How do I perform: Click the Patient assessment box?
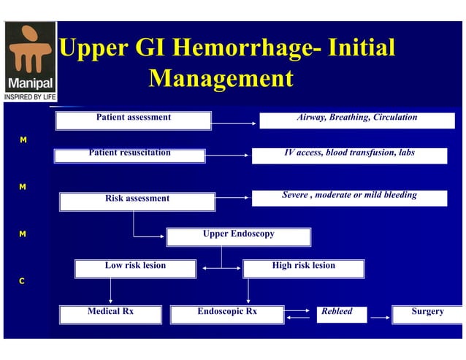pos(133,120)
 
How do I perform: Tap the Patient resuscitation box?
pos(130,156)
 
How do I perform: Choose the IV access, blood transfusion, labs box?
pos(349,156)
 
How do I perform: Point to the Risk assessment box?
pos(137,202)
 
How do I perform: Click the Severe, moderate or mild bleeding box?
pos(349,198)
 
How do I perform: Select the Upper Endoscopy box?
pos(238,237)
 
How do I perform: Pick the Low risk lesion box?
pos(135,269)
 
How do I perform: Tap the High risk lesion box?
pos(303,269)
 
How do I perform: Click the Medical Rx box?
pos(110,314)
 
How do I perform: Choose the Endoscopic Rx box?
pos(227,314)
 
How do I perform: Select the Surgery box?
pos(427,314)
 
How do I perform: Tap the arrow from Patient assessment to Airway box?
pos(234,119)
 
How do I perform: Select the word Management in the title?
pos(221,78)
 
